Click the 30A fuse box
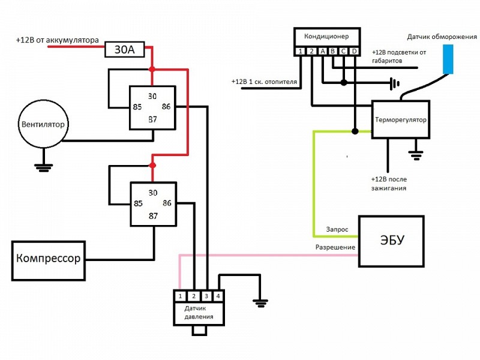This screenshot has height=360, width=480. point(125,49)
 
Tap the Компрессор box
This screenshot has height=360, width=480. point(48,260)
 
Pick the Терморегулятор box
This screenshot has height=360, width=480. point(400,119)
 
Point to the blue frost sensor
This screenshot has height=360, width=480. point(448,58)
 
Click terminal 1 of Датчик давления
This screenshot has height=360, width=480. point(180,296)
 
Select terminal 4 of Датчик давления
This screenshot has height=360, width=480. point(218,296)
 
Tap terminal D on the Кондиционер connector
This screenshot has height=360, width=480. point(355,52)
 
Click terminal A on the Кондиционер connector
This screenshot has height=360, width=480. point(323,52)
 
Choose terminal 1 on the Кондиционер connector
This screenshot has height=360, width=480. point(301,52)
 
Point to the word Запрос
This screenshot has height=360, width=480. point(337,229)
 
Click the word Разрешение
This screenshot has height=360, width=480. point(335,247)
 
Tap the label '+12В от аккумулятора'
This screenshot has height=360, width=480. point(57,40)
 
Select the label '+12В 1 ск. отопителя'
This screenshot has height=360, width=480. point(265,82)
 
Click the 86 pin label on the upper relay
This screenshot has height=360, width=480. point(166,107)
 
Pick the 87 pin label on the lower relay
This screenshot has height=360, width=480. point(152,215)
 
